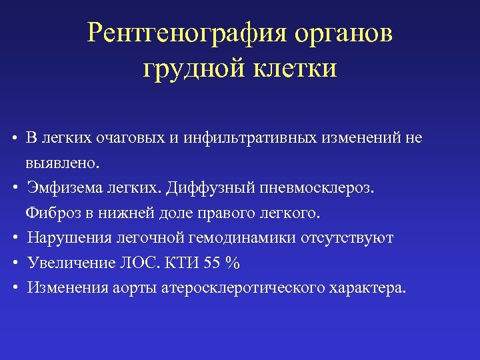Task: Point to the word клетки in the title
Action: (x=293, y=68)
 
